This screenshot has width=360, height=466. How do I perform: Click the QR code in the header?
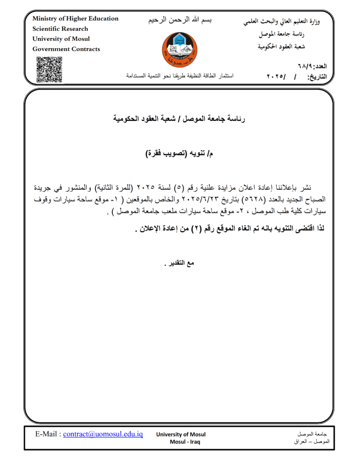tap(49, 69)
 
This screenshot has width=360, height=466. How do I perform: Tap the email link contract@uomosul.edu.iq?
tap(103, 434)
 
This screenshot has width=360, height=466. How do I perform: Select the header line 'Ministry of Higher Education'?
tap(75, 19)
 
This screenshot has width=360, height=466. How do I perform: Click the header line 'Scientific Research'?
tap(60, 29)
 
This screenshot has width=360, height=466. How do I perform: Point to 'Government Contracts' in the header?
tap(66, 49)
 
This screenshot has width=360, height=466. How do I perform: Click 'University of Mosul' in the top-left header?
tap(61, 39)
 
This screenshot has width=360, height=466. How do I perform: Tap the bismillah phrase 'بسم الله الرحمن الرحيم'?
tap(180, 21)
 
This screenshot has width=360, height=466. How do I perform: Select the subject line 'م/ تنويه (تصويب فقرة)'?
tap(179, 153)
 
